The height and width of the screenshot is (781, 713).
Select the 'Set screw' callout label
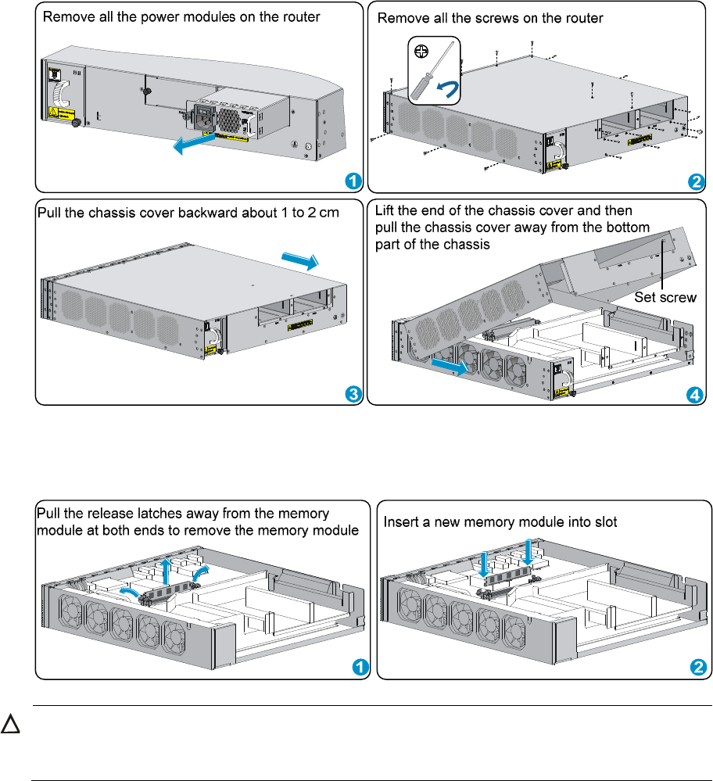(665, 297)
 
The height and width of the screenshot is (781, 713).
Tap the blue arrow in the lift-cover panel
(451, 365)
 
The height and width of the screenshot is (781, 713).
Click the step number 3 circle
(353, 394)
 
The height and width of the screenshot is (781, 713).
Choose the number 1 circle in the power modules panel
(353, 181)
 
